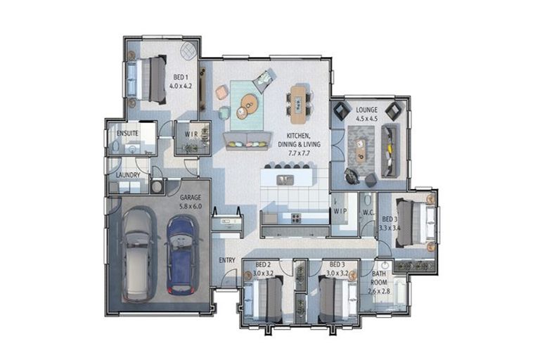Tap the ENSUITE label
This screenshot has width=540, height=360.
coord(127,132)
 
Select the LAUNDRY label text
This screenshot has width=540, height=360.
coord(128,175)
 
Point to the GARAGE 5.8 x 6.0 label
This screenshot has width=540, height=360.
coord(191,202)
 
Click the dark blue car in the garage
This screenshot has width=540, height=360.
coord(181,254)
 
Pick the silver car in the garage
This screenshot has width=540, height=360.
coord(139,254)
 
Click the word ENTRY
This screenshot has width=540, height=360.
coord(227,260)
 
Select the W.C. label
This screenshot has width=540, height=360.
coord(368,212)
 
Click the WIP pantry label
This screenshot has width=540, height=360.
coord(340,211)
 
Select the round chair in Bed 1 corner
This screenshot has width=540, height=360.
coord(188,51)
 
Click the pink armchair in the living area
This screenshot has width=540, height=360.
coord(222,91)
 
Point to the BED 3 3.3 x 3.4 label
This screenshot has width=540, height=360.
coord(389,224)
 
